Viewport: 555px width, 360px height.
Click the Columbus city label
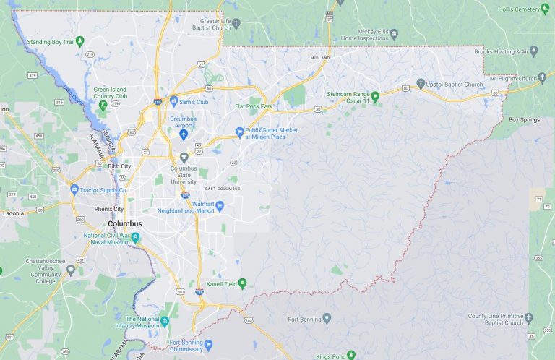(124, 224)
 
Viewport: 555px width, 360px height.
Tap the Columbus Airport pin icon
(184, 135)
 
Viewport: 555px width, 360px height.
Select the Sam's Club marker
(174, 101)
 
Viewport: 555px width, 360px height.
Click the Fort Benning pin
(327, 317)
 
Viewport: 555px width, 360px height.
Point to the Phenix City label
(109, 209)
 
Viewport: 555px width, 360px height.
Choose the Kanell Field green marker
(243, 283)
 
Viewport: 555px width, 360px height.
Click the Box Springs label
(524, 119)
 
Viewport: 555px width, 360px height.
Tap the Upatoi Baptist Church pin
(421, 85)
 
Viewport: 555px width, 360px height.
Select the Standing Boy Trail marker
(80, 41)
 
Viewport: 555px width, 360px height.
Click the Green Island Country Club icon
(103, 106)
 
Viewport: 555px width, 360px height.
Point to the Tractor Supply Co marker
(74, 189)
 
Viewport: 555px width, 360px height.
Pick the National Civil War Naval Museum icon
(136, 238)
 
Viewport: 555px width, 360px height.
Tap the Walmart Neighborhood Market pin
(220, 206)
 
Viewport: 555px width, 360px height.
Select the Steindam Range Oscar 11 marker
(375, 95)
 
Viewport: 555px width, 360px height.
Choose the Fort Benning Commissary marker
(209, 344)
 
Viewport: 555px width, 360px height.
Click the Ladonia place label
(12, 213)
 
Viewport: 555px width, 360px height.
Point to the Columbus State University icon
(184, 157)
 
